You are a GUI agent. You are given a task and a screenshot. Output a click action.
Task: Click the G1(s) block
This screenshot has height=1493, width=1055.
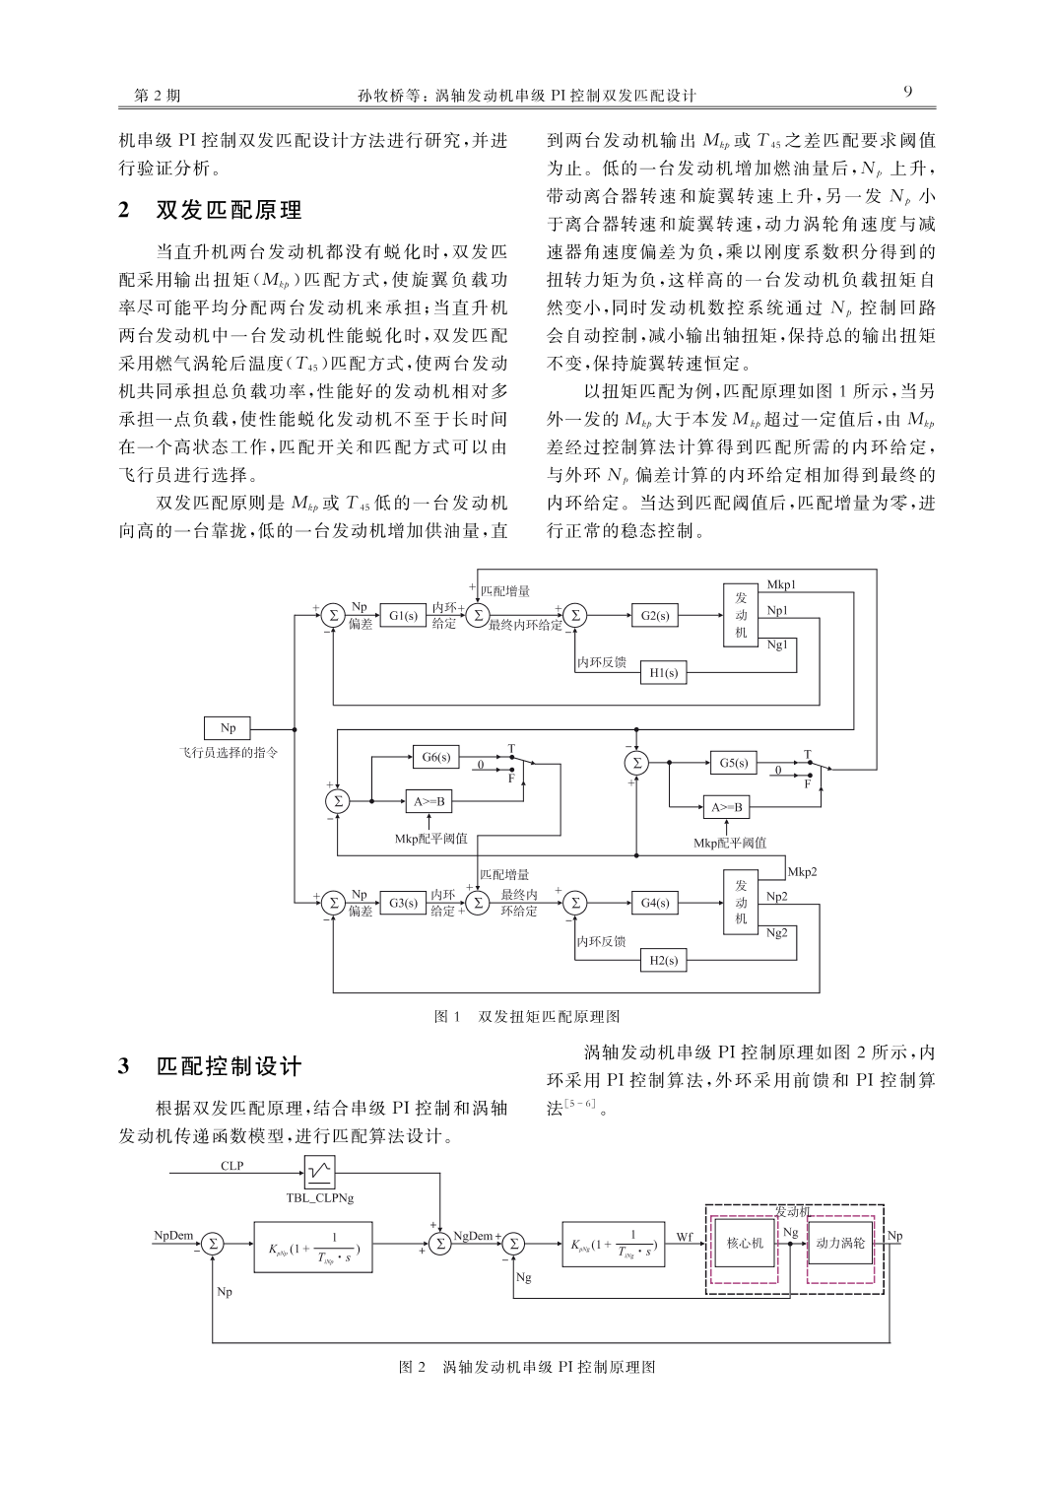point(403,615)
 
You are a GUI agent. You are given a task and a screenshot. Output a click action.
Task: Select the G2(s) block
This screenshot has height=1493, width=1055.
point(655,615)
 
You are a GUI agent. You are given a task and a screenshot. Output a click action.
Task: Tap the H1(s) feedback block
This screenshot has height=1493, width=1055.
point(663,672)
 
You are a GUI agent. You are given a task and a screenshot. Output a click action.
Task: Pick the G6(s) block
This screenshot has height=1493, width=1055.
point(436,757)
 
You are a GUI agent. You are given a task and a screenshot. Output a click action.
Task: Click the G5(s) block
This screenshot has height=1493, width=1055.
point(733,763)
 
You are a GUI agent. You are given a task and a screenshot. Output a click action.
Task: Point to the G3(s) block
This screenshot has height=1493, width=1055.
point(403,903)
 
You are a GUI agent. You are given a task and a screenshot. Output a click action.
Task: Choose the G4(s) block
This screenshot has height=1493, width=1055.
point(655,903)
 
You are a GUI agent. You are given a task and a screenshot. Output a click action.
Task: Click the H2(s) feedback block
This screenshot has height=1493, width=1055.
point(663,960)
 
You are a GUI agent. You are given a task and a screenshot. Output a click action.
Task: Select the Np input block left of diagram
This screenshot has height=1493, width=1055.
point(228,728)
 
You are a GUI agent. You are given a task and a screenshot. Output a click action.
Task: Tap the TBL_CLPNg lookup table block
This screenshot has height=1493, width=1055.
point(320,1173)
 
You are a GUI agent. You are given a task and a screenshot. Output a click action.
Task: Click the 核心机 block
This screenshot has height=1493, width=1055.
point(745,1243)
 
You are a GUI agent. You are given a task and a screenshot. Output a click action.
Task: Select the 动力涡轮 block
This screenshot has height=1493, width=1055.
point(840,1243)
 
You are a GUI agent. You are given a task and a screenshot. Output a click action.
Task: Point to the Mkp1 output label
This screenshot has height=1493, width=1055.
point(781,584)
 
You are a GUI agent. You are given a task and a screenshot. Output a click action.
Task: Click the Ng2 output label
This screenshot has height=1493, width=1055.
point(776,932)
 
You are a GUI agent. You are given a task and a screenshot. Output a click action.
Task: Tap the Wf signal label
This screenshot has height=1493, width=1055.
point(685,1237)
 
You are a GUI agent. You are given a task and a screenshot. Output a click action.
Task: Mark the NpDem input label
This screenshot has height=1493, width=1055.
point(173,1235)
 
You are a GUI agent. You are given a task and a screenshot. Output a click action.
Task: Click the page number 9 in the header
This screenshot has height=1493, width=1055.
point(908,93)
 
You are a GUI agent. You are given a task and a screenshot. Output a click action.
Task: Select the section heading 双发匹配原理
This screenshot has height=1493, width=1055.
point(230,211)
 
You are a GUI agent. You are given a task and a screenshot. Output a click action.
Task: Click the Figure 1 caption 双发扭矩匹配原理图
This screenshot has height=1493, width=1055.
point(549,1016)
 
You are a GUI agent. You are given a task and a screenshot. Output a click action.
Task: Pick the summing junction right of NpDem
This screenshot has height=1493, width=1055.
point(213,1244)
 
